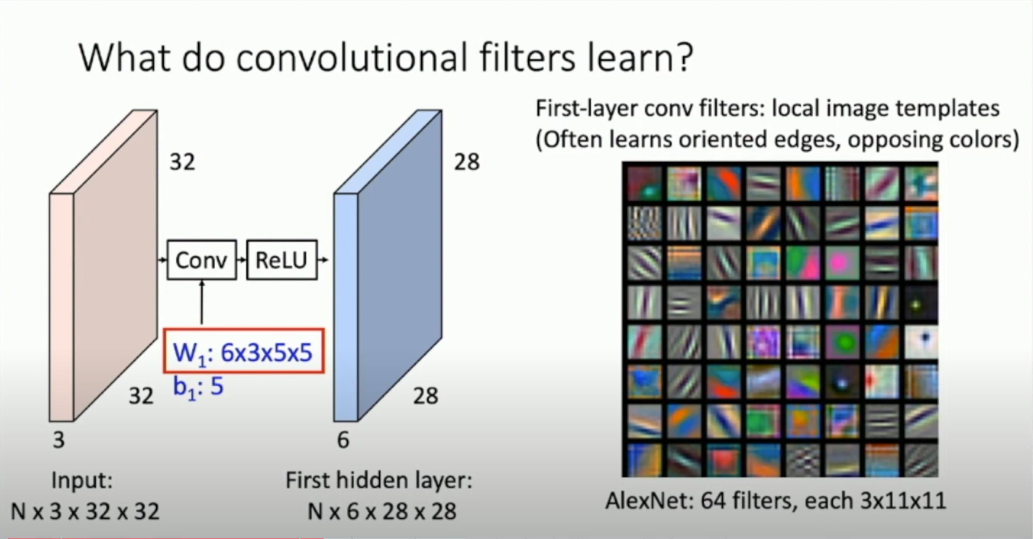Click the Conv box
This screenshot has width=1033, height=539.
pos(202,260)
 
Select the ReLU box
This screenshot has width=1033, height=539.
pos(281,260)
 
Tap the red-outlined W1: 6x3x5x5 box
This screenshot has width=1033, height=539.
pos(244,351)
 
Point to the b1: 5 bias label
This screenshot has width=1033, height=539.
pos(198,386)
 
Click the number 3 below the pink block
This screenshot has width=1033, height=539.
pos(59,440)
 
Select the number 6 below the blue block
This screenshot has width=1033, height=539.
pos(343,440)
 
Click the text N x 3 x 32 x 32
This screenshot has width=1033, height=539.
pos(85,512)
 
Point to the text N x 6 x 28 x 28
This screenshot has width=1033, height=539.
pos(382,512)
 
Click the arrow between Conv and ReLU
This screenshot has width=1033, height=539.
pos(241,260)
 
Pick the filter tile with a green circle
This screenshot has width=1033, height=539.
pos(842,343)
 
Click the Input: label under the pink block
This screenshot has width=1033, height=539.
pos(82,480)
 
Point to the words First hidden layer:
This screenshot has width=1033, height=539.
pos(379,480)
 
